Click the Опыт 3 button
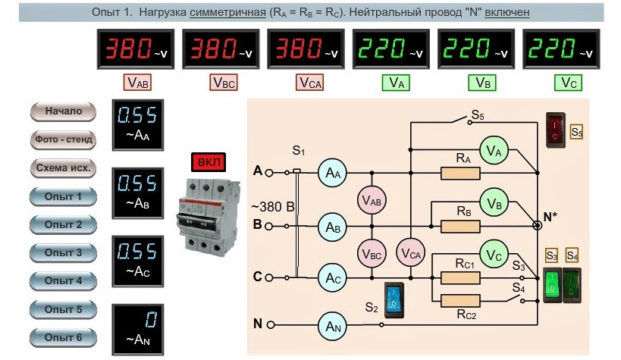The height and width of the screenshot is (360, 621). (x=63, y=252)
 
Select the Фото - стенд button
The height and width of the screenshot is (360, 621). (x=63, y=139)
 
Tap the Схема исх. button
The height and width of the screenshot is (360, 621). (x=63, y=168)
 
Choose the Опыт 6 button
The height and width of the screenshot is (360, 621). (x=63, y=338)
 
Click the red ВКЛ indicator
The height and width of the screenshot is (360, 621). (x=209, y=162)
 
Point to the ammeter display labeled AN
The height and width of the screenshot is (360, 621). (x=138, y=330)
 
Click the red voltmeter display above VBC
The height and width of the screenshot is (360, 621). (x=221, y=49)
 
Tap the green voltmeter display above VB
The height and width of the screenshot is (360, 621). (x=476, y=49)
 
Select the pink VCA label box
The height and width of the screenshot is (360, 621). (x=309, y=83)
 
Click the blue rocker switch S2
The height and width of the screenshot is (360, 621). (x=394, y=300)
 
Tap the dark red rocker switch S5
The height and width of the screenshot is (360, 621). (x=555, y=130)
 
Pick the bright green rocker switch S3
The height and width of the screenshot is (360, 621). (x=552, y=285)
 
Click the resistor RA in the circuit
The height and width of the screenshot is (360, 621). (x=460, y=173)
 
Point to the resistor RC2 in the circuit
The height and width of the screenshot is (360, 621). (x=460, y=301)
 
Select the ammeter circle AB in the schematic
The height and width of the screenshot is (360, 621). (x=333, y=227)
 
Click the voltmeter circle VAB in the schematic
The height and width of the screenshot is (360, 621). (x=372, y=200)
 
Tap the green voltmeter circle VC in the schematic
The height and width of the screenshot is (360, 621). (x=494, y=255)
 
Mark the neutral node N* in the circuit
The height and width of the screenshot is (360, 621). (x=537, y=225)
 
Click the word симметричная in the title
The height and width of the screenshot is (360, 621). (x=227, y=12)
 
